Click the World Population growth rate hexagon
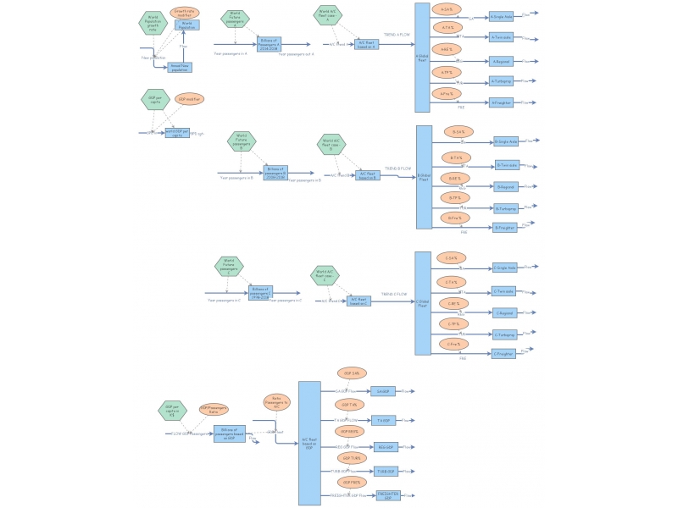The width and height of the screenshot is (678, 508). point(153,20)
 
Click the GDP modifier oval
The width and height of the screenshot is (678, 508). point(190,99)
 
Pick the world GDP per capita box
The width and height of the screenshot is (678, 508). point(177,133)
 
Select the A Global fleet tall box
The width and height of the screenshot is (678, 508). point(422,57)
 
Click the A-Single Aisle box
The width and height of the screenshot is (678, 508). point(502,16)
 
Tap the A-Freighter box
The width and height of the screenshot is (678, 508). point(502,102)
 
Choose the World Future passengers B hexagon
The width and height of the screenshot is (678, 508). point(242,141)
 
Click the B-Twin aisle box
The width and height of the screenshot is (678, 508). point(507,165)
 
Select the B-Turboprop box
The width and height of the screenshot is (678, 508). point(506,207)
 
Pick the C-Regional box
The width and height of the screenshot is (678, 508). point(505,312)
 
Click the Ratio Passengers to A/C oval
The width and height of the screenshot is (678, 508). point(276,403)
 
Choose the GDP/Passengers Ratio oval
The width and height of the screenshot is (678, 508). point(213,410)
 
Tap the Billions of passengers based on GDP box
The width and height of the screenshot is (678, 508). point(229,433)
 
